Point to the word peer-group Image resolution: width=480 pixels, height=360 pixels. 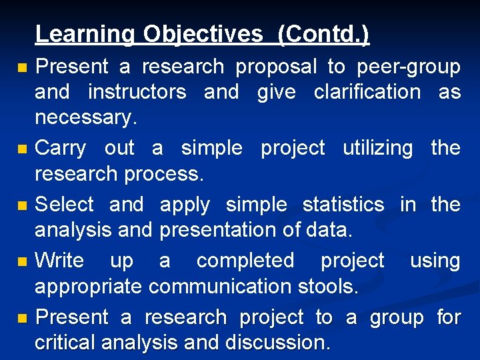(408, 67)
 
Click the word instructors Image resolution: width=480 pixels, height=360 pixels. (137, 92)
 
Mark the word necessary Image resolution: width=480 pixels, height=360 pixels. (85, 118)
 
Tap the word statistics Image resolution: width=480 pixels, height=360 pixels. (343, 204)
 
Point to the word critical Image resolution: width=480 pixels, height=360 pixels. (65, 343)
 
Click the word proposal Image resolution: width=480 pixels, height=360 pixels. (276, 67)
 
